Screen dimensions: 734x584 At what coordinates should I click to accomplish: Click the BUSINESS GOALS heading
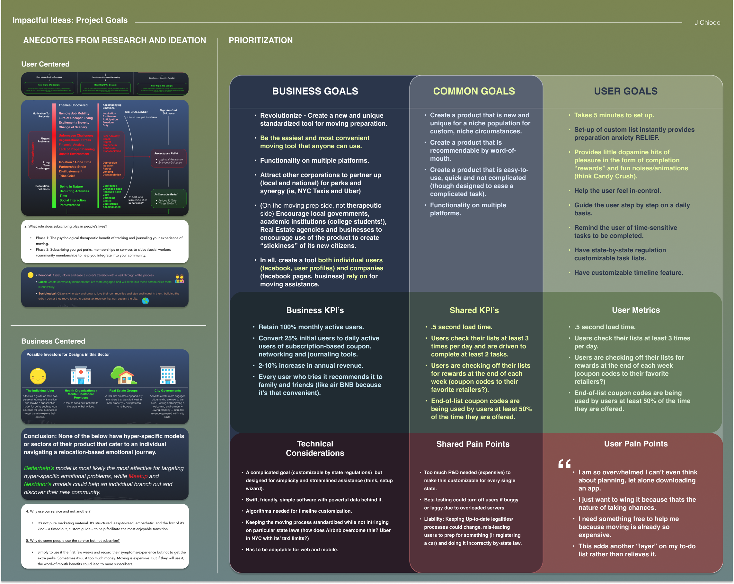pos(315,91)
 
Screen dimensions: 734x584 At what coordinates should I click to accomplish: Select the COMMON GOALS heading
pos(474,91)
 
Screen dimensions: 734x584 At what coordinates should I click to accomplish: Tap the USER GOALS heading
pos(625,91)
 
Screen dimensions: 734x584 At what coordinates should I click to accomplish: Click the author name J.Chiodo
pos(707,22)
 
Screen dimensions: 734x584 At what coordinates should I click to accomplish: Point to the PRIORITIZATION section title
pos(261,40)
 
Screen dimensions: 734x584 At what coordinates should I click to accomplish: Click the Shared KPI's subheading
pos(474,310)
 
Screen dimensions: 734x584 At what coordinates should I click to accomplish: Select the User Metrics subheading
pos(636,310)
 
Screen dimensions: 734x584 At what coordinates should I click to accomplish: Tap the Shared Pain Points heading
pos(473,444)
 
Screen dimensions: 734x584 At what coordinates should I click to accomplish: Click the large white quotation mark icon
pos(564,463)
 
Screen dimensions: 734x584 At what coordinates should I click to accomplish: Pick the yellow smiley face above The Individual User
pos(38,376)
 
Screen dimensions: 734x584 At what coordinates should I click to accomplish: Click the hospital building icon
pos(81,375)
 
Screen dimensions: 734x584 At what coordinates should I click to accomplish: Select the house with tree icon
pos(123,375)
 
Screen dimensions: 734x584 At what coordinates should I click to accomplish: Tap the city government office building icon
pos(167,375)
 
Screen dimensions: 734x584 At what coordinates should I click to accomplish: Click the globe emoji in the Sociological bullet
pos(146,301)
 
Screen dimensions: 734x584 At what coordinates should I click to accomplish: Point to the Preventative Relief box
pos(169,158)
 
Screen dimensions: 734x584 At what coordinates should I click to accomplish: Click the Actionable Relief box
pos(168,198)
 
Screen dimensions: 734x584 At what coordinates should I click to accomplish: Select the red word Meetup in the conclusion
pos(138,476)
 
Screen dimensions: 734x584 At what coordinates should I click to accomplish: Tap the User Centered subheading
pos(45,64)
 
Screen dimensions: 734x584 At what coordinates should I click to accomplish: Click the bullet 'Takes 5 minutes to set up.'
pos(614,115)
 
